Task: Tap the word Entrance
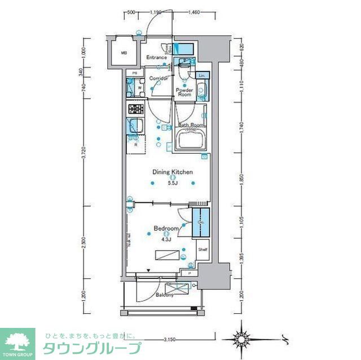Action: [156, 57]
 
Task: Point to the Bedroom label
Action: [166, 228]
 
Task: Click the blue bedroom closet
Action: [200, 224]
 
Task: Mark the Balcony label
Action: [164, 295]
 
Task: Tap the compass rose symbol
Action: [243, 339]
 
